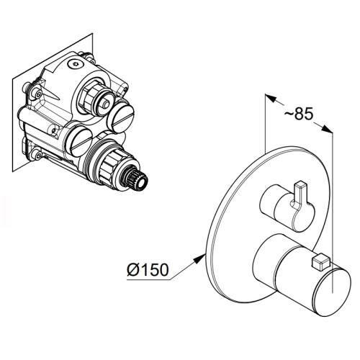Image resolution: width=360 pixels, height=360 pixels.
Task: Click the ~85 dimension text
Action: coord(299,114)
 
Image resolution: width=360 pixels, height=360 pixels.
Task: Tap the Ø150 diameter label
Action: coord(148,269)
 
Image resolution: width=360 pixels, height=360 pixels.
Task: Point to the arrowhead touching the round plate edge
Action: coord(199,259)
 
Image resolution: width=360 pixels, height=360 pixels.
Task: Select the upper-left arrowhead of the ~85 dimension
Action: coord(271,99)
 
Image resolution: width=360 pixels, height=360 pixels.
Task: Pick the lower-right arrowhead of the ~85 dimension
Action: coord(327,128)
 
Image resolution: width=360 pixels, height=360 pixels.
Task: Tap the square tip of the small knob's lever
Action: coord(301,185)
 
